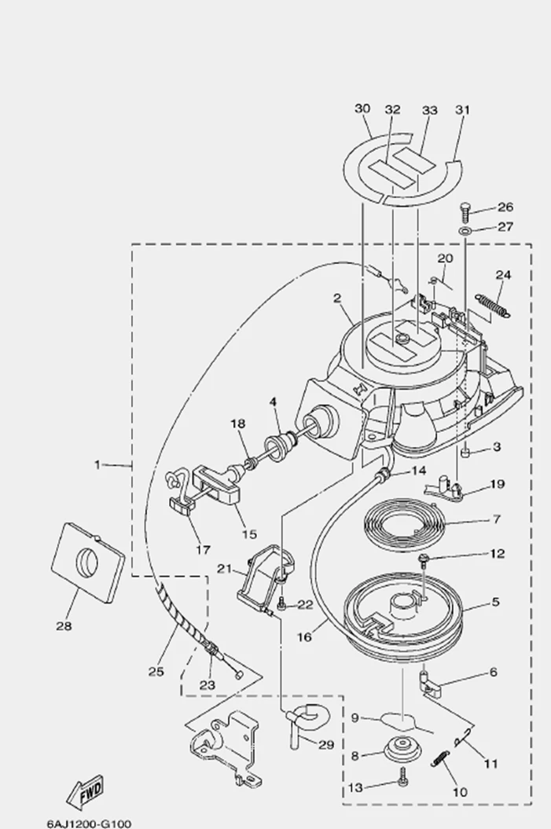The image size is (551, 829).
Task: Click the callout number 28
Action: coord(64,626)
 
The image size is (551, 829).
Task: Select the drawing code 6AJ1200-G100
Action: coord(88,823)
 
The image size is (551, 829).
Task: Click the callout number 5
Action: coord(496,603)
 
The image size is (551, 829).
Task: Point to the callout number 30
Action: coord(362,108)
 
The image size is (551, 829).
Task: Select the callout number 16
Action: coord(304,636)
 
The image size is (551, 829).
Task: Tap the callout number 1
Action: coord(98,464)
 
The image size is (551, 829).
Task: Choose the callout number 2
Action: coord(336,299)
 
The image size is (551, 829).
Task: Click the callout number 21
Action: coord(223,569)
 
